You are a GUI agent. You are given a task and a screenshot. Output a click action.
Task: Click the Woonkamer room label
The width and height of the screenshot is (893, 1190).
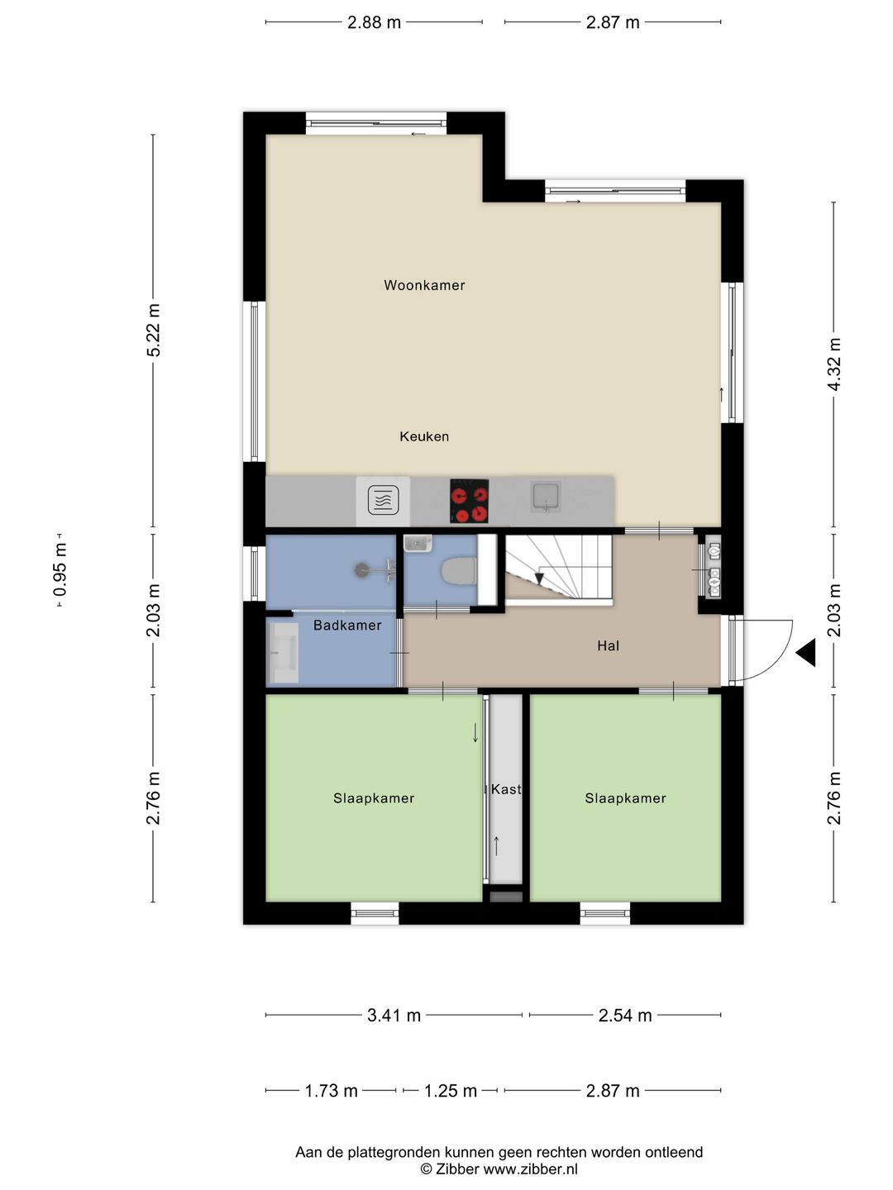424,285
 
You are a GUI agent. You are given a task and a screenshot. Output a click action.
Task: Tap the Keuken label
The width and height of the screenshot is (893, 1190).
424,436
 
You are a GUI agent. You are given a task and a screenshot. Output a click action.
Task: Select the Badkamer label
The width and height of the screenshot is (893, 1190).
347,625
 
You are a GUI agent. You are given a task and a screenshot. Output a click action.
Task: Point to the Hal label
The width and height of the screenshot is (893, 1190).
608,645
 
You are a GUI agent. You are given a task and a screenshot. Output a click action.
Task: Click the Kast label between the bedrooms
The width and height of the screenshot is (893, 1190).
505,789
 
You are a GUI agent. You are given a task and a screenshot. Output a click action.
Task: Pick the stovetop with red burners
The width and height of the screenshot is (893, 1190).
469,501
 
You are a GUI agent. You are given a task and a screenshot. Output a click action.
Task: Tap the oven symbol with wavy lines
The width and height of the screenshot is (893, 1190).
384,501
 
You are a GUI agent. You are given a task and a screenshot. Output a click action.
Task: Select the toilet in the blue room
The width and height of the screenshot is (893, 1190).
459,572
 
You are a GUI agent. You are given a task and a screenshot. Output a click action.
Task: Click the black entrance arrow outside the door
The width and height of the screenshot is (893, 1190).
806,652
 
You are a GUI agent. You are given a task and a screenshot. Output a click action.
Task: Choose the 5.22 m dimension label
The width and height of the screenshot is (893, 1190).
154,331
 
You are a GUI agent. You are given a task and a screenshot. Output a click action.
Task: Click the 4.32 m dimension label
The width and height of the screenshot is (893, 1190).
834,364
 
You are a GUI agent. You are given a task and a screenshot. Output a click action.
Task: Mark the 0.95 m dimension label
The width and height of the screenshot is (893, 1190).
60,569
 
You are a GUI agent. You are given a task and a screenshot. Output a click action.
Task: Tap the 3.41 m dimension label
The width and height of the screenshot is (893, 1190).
394,1016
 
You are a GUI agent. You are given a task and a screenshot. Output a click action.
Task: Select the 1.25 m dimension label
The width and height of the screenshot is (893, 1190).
450,1091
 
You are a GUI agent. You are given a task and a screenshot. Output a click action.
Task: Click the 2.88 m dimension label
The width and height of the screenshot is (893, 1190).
374,22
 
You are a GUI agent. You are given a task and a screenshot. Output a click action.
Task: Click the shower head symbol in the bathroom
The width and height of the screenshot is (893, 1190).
361,569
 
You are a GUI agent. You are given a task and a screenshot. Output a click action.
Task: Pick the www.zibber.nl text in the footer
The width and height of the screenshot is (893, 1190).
530,1169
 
